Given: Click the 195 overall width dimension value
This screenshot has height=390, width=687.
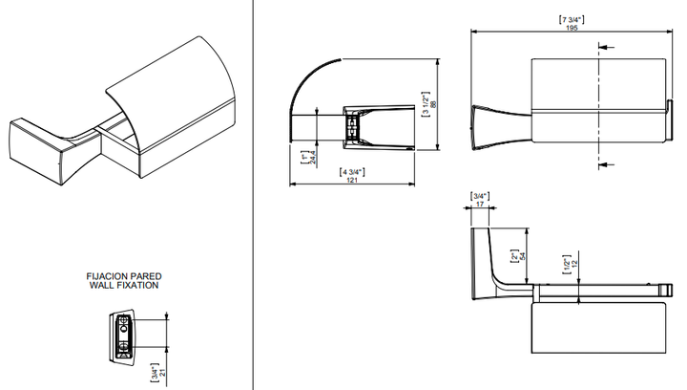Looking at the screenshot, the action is coord(572,28).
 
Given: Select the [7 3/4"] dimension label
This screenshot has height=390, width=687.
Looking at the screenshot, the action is coord(572,20).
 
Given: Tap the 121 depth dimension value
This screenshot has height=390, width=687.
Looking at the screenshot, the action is coord(352,180).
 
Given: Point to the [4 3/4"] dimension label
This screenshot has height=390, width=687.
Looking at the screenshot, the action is coord(352,172).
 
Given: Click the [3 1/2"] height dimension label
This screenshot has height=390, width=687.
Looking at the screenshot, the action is coord(426,104).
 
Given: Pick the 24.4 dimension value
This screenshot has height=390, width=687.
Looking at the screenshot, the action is coord(313,158).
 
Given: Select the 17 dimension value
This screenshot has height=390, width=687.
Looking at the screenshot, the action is coord(480,204).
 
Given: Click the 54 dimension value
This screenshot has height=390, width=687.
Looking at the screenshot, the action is coord(522,256).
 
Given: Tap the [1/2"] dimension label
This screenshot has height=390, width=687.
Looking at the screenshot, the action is coord(567,264).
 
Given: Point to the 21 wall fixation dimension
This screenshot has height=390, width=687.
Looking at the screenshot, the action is coord(162,373).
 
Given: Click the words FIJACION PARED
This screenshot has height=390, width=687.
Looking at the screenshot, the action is coord(124,276).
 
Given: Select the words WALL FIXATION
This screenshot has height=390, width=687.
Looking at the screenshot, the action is coord(124,285).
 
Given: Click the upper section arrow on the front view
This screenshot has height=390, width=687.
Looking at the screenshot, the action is coord(607,47).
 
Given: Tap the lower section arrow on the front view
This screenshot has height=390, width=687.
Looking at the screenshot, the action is coord(607,164).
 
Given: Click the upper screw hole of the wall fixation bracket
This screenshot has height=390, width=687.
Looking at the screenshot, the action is coord(124,327).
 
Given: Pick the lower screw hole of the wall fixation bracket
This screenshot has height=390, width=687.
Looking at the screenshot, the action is coord(124,346).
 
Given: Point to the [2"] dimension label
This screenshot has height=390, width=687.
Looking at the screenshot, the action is coord(515,256).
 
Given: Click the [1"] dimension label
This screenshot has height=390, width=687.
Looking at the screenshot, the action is coord(305,158).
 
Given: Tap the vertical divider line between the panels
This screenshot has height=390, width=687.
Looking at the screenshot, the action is coord(253,195).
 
